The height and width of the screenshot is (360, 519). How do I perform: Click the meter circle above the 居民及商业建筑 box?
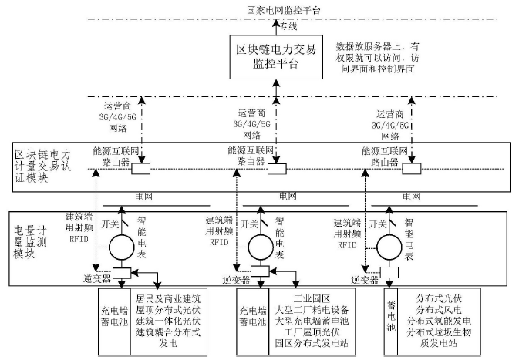(x=123, y=249)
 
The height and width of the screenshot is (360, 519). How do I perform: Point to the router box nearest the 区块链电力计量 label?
(x=141, y=169)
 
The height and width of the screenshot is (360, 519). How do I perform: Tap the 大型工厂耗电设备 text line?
(x=312, y=309)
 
